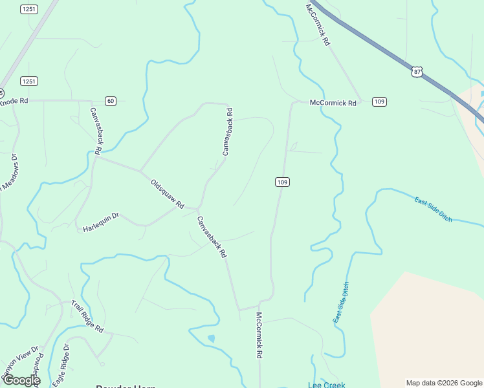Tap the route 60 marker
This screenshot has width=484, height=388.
pos(111,101)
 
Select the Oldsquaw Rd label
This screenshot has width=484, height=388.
pos(168,193)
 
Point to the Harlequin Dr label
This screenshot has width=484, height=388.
pos(101,222)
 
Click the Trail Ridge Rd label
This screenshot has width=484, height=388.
pos(87,317)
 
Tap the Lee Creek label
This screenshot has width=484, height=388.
pos(326,385)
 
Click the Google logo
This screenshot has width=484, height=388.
pos(21,380)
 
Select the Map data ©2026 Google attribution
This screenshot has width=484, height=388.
pos(444,383)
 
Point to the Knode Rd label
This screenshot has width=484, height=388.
pos(14,101)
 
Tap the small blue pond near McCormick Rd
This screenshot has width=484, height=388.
pos(211,338)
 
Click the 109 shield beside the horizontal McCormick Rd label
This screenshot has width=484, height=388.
pos(379,102)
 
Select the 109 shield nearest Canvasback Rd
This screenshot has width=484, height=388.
pos(281,182)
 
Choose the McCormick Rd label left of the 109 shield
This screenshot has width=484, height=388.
pos(333,103)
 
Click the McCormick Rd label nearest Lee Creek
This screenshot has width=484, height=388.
pos(258,336)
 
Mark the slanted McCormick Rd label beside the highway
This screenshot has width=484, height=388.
pos(318,25)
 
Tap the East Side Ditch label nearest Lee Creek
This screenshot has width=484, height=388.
pos(341,303)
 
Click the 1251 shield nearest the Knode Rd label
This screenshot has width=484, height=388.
pos(28,81)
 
